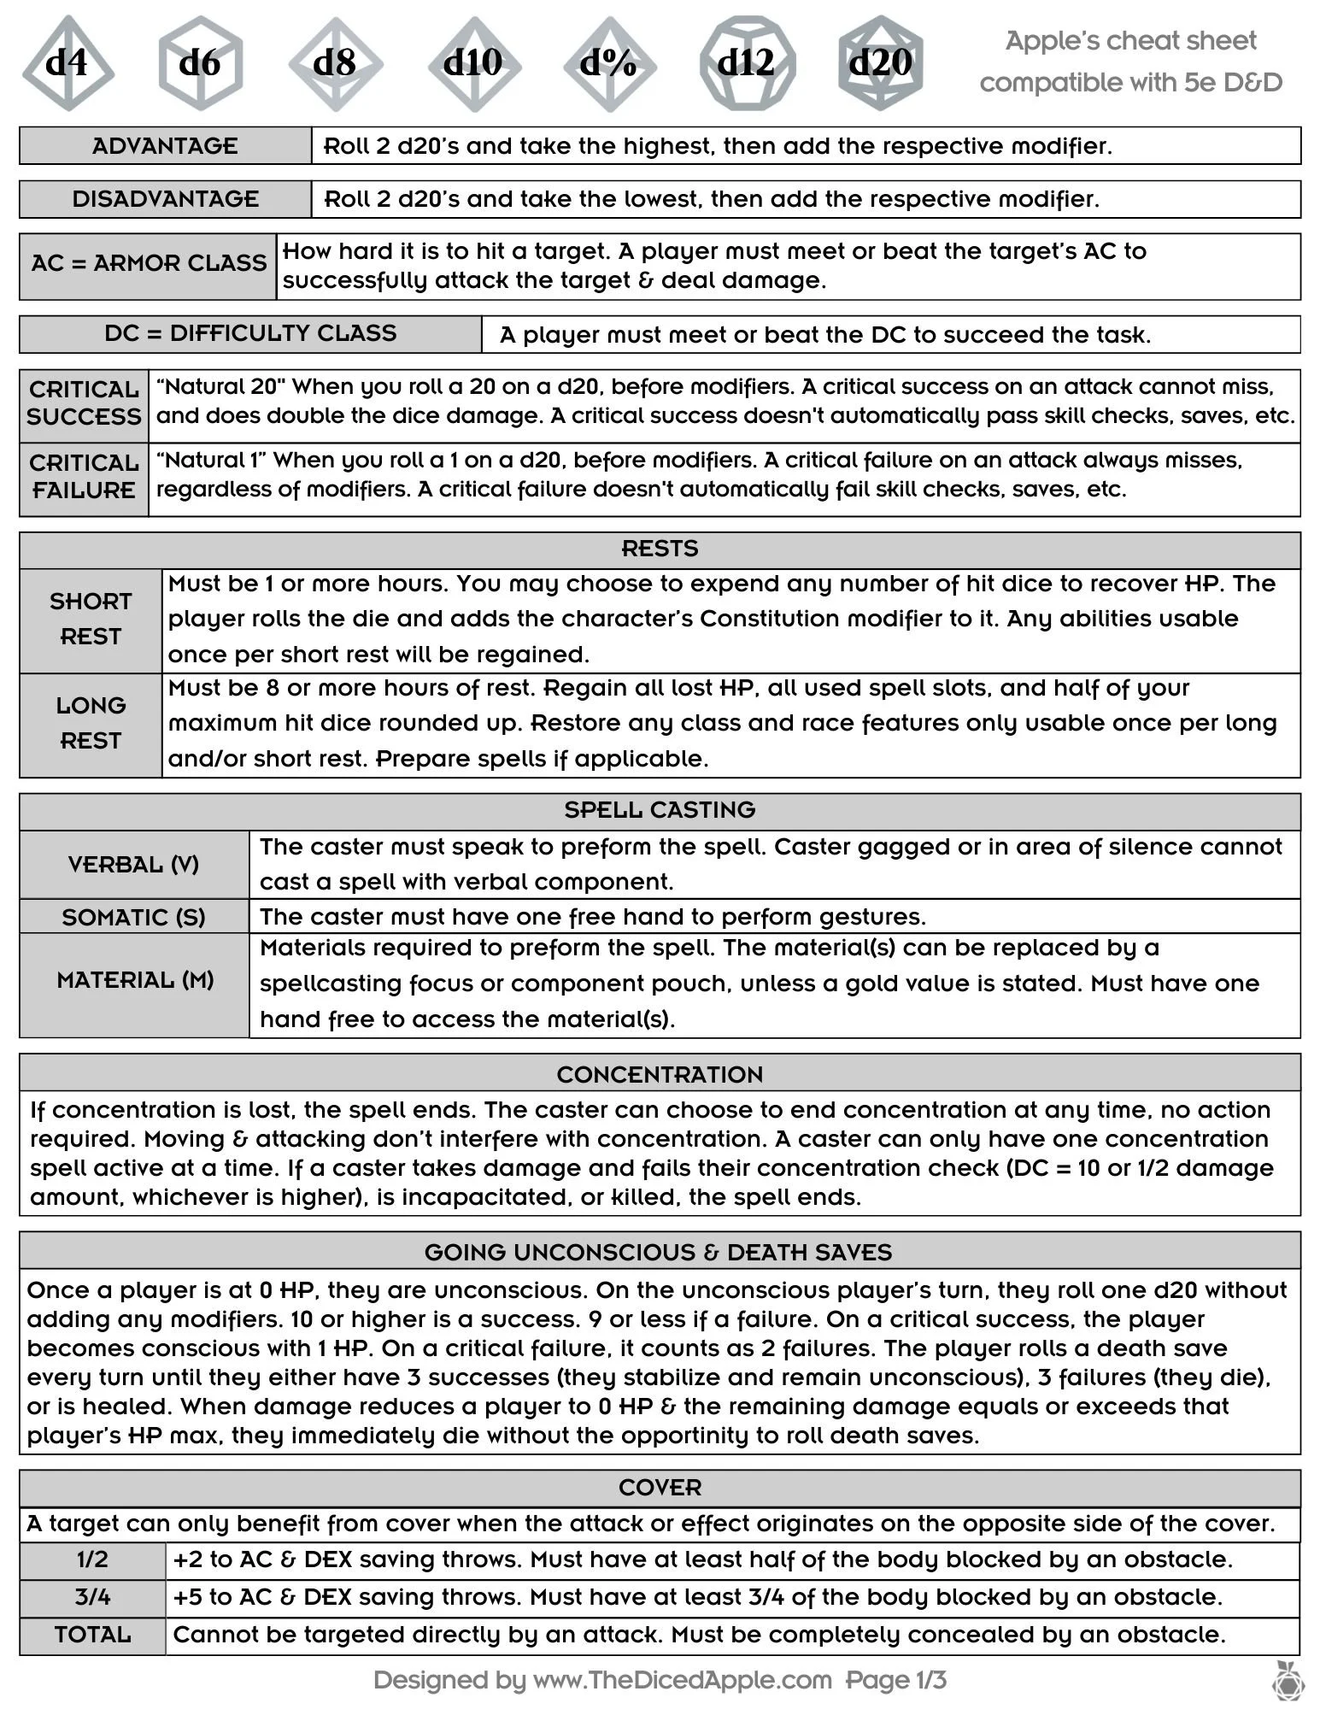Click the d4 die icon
coord(67,62)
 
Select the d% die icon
coord(609,62)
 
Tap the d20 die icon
coord(880,62)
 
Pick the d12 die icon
coord(746,62)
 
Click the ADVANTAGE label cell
coord(165,146)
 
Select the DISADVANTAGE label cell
coord(165,199)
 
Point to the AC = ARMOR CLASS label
coord(149,263)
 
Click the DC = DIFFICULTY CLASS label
coord(250,333)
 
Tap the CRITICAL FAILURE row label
coord(84,477)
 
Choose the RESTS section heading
coord(660,549)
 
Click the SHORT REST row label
coord(91,620)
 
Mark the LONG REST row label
coord(91,724)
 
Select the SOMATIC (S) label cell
coord(133,917)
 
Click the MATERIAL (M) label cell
coord(135,981)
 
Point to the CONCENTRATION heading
coord(660,1074)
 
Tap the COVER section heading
coord(660,1488)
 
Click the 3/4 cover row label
coord(92,1596)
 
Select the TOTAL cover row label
coord(92,1635)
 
